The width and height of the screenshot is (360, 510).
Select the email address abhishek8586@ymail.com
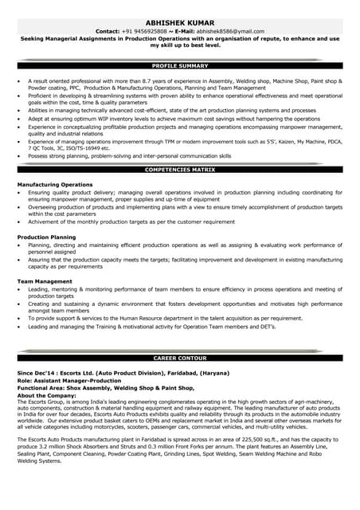(229, 31)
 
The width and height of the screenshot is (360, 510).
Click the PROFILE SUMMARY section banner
(179, 66)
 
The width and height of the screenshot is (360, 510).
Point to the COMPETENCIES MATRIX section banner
(179, 170)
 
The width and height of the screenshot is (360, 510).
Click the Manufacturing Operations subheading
(55, 184)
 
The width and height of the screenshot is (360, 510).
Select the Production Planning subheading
(47, 237)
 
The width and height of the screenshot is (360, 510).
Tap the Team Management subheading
(45, 281)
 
